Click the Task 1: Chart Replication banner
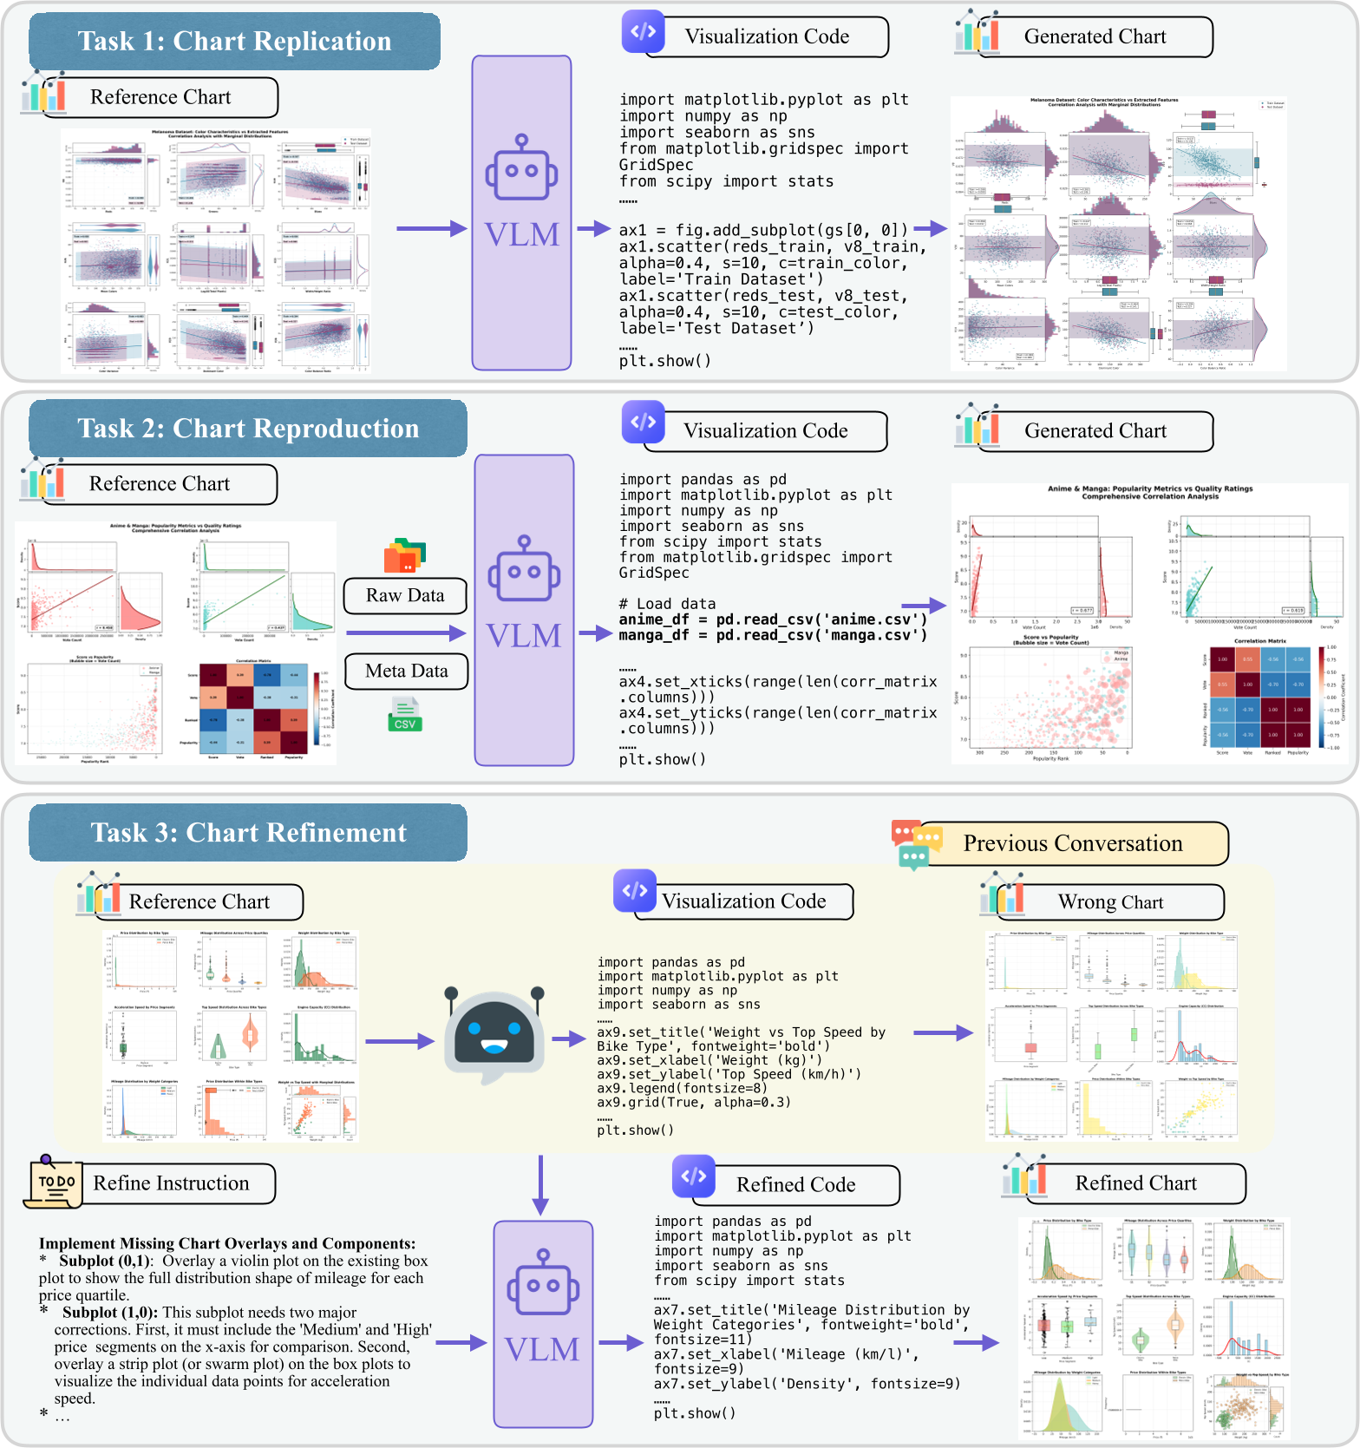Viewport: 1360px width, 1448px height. pos(234,42)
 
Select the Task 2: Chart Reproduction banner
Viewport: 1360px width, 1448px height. pos(248,429)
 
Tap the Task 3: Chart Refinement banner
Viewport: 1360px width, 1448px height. pos(248,833)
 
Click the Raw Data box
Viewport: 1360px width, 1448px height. pos(405,596)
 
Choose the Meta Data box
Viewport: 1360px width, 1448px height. pos(406,672)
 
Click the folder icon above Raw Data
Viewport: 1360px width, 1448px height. pos(405,556)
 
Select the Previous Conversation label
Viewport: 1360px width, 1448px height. pos(1073,844)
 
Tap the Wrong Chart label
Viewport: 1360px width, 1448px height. pos(1110,903)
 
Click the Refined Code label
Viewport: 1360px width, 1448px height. pos(795,1185)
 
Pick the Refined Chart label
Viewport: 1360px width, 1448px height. pos(1135,1184)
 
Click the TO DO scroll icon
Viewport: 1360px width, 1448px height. pos(54,1182)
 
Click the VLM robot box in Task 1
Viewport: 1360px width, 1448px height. pos(521,213)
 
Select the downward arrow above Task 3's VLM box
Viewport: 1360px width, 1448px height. pos(540,1185)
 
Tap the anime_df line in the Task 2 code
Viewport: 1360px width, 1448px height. pos(773,619)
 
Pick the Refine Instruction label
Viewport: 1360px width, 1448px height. pos(171,1184)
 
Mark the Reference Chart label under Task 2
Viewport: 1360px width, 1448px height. pos(160,484)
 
